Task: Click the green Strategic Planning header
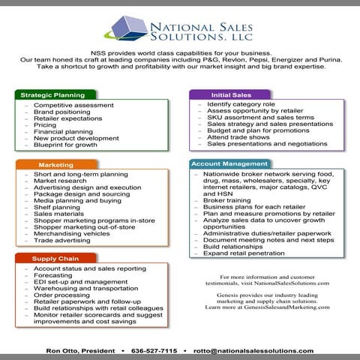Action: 52,95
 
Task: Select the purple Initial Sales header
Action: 232,95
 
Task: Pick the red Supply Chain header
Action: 52,258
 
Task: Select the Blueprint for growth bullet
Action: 65,145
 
